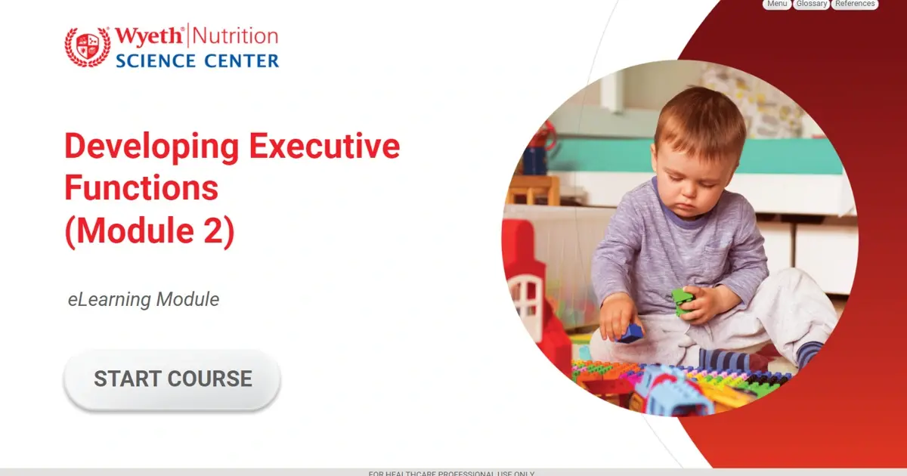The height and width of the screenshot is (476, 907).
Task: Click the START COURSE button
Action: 172,379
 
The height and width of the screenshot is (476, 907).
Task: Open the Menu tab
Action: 776,4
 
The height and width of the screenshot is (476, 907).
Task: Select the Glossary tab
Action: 811,4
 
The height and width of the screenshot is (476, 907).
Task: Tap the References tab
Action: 855,4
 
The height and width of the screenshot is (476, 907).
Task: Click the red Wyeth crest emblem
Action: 88,47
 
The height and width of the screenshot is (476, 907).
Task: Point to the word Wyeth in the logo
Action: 150,36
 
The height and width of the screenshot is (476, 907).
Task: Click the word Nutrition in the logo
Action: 237,36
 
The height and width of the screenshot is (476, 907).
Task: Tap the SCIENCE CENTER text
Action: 197,60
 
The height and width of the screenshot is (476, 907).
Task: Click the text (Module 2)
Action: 150,230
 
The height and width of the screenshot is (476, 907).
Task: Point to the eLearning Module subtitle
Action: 144,299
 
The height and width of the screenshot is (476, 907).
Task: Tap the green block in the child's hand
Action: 683,301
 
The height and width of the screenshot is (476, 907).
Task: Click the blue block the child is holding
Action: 630,332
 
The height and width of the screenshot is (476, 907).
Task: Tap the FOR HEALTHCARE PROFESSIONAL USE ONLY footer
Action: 452,473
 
